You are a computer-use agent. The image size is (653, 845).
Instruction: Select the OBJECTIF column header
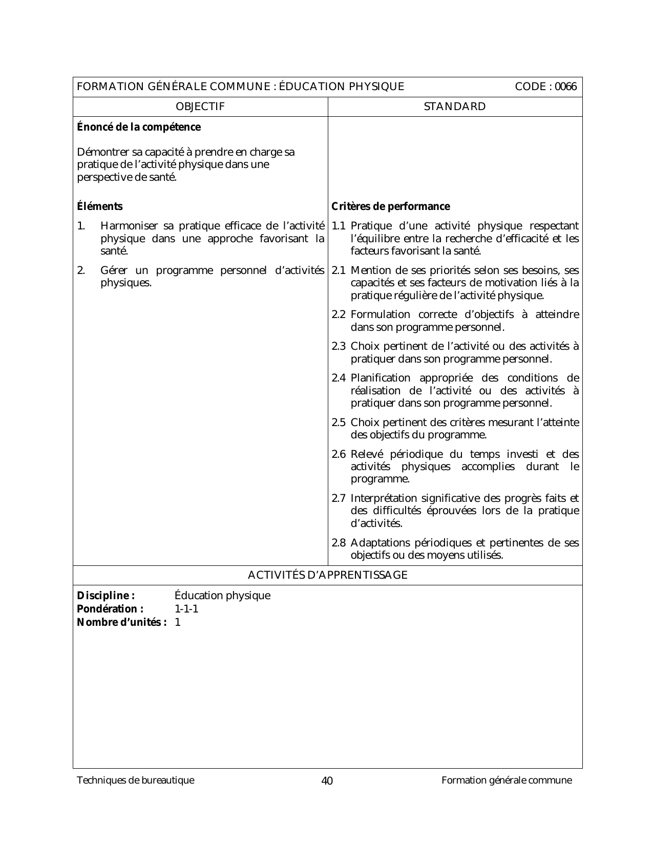point(200,107)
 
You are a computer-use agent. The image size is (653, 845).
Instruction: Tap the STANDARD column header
point(455,107)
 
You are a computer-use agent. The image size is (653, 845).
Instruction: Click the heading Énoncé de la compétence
point(139,127)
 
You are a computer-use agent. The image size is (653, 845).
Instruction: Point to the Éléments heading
point(100,206)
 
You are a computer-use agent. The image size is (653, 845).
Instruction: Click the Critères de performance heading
point(391,206)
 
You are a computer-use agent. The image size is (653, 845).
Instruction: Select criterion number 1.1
point(339,226)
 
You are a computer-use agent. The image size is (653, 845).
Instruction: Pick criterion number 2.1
point(339,270)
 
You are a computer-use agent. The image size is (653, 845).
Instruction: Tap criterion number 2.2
point(339,314)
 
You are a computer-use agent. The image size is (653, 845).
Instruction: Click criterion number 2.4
point(339,378)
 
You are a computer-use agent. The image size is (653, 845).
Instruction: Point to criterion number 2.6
point(339,454)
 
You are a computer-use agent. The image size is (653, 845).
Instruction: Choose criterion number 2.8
point(339,543)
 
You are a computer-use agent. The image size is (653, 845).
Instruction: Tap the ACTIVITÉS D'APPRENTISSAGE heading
point(327,575)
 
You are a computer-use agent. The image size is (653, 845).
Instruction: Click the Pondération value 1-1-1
point(186,609)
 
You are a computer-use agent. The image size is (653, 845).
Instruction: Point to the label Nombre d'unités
point(121,622)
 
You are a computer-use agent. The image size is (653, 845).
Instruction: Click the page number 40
point(327,780)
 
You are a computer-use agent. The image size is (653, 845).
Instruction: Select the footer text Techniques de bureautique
point(136,780)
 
